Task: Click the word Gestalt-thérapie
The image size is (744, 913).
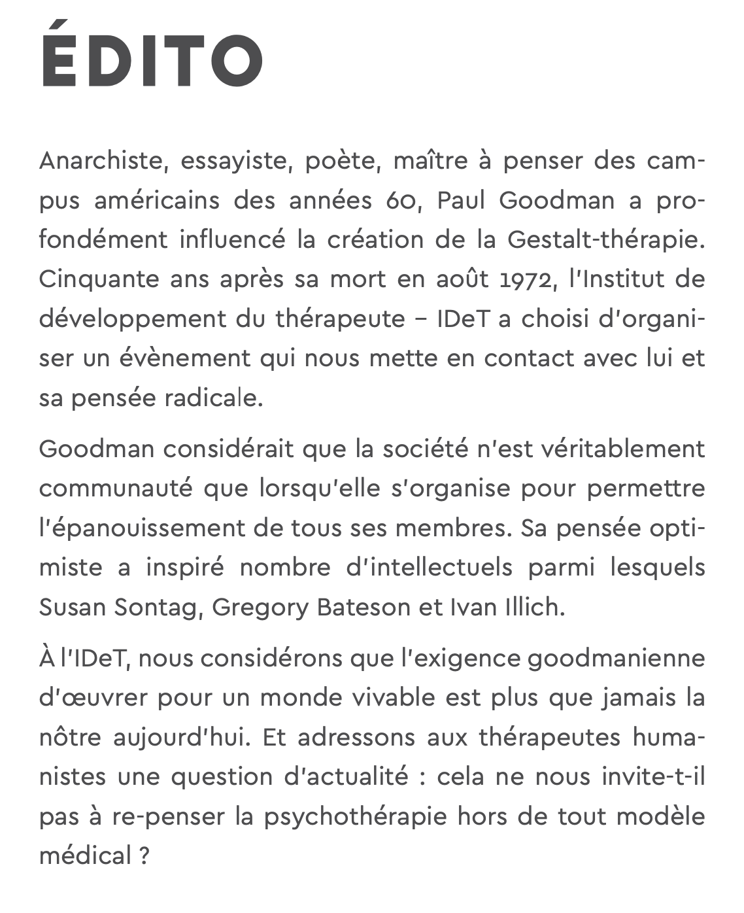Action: tap(605, 240)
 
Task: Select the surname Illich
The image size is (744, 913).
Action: tap(532, 608)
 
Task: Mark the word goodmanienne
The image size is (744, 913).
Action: tap(616, 658)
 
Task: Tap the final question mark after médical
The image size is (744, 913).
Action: tap(144, 856)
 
